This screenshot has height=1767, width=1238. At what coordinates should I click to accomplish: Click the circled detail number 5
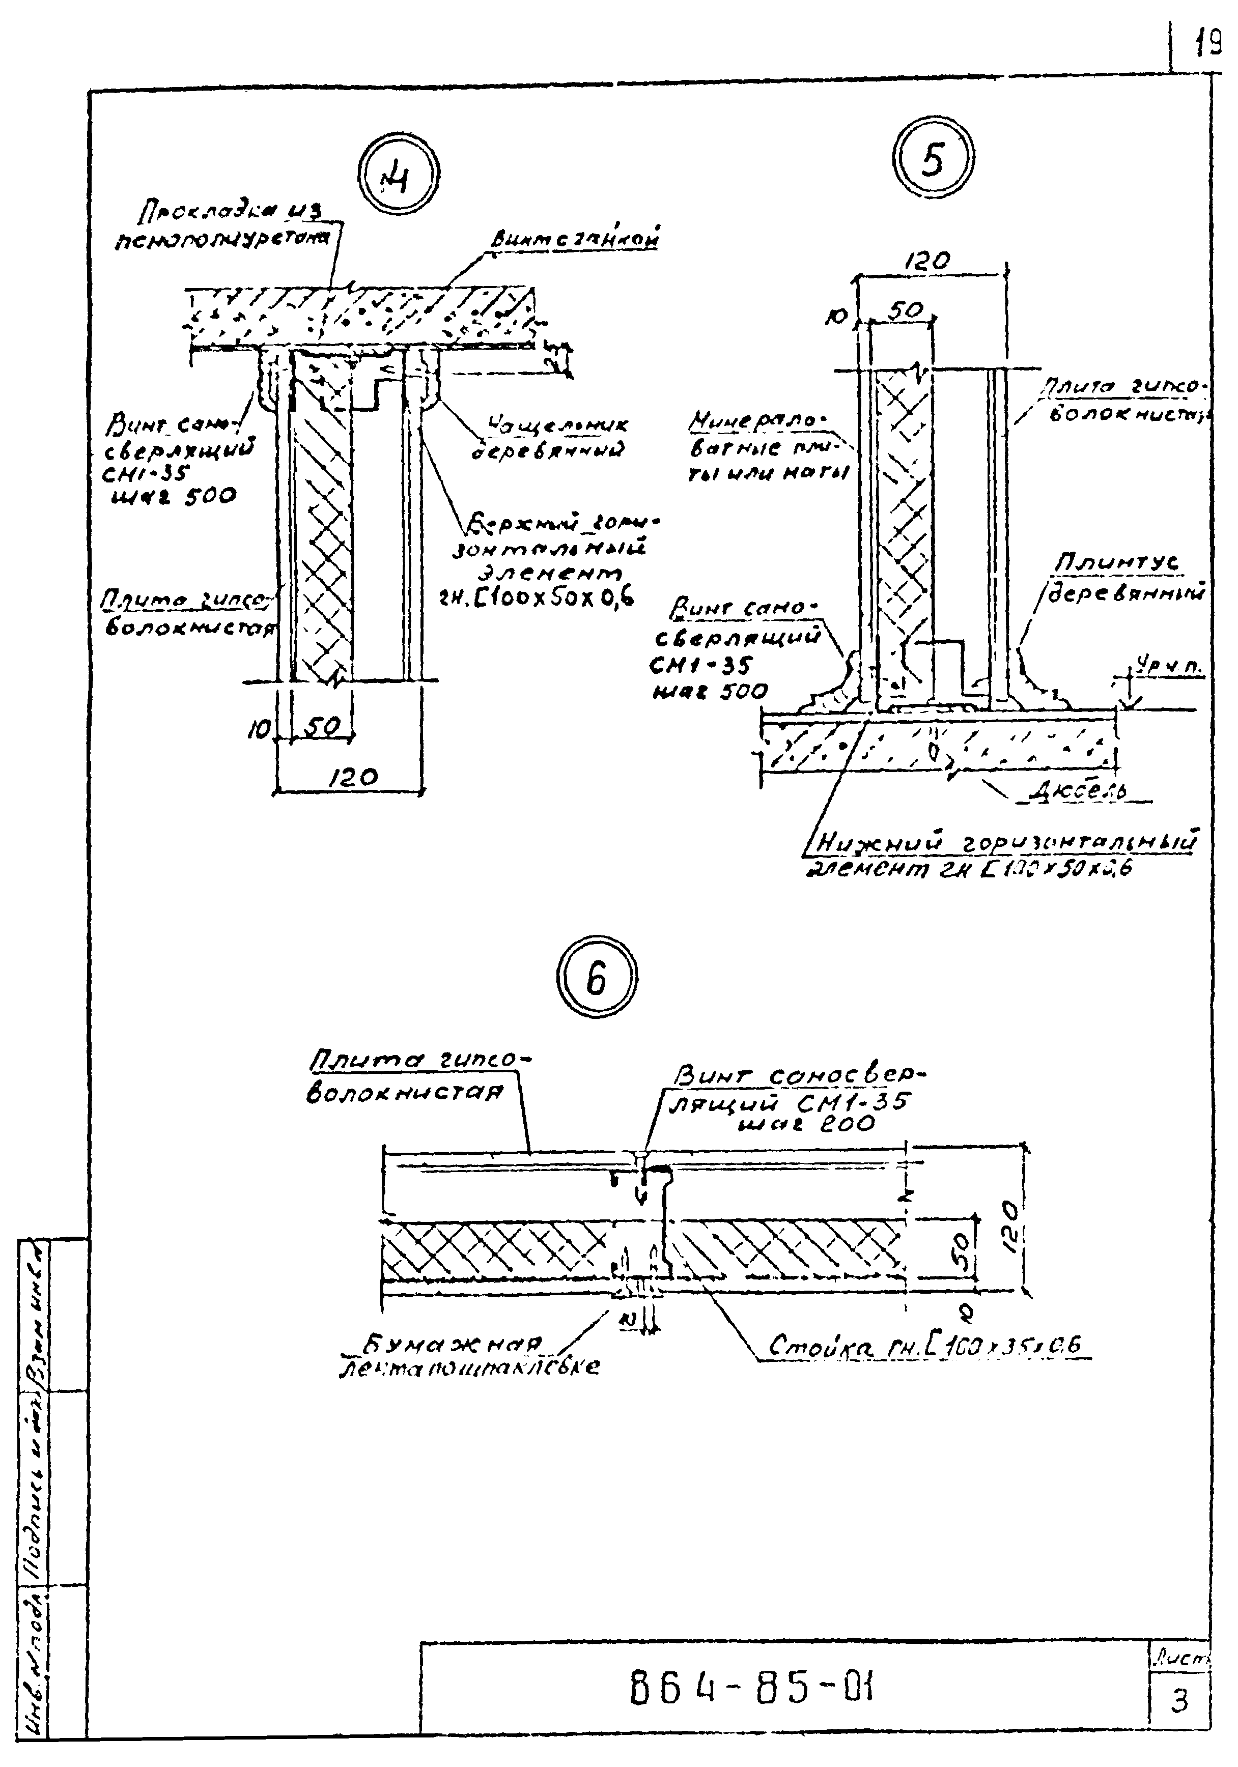click(933, 159)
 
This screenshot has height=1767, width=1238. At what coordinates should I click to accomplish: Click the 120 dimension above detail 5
click(927, 261)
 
